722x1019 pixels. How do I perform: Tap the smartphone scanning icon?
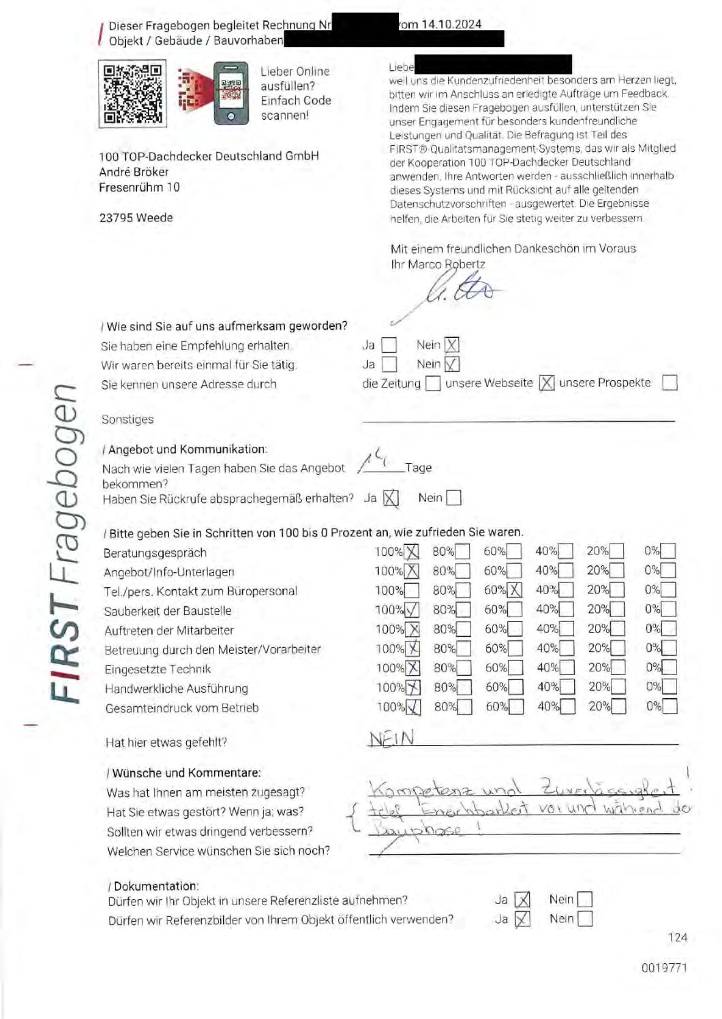pos(230,93)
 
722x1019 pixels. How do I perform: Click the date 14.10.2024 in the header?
pos(451,24)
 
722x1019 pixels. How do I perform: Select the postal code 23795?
pos(117,218)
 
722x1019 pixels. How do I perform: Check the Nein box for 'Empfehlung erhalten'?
pos(451,345)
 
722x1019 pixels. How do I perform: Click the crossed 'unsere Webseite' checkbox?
pos(546,383)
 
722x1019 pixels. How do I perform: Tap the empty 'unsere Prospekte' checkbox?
pos(670,383)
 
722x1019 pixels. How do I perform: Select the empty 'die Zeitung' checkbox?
pos(432,383)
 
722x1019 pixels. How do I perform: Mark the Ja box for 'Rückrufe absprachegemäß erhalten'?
pos(390,499)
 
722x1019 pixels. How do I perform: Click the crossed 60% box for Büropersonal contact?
pos(514,591)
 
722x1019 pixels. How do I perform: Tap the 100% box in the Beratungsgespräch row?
pos(411,552)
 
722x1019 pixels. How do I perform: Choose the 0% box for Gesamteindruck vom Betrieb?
pos(670,706)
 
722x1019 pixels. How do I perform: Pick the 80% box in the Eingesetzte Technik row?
pos(463,668)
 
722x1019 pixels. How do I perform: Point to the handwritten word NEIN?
pos(391,739)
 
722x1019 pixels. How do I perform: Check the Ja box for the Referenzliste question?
pos(522,900)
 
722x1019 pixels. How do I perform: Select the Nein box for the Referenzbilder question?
pos(584,919)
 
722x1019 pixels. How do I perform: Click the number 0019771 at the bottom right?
pos(663,968)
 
